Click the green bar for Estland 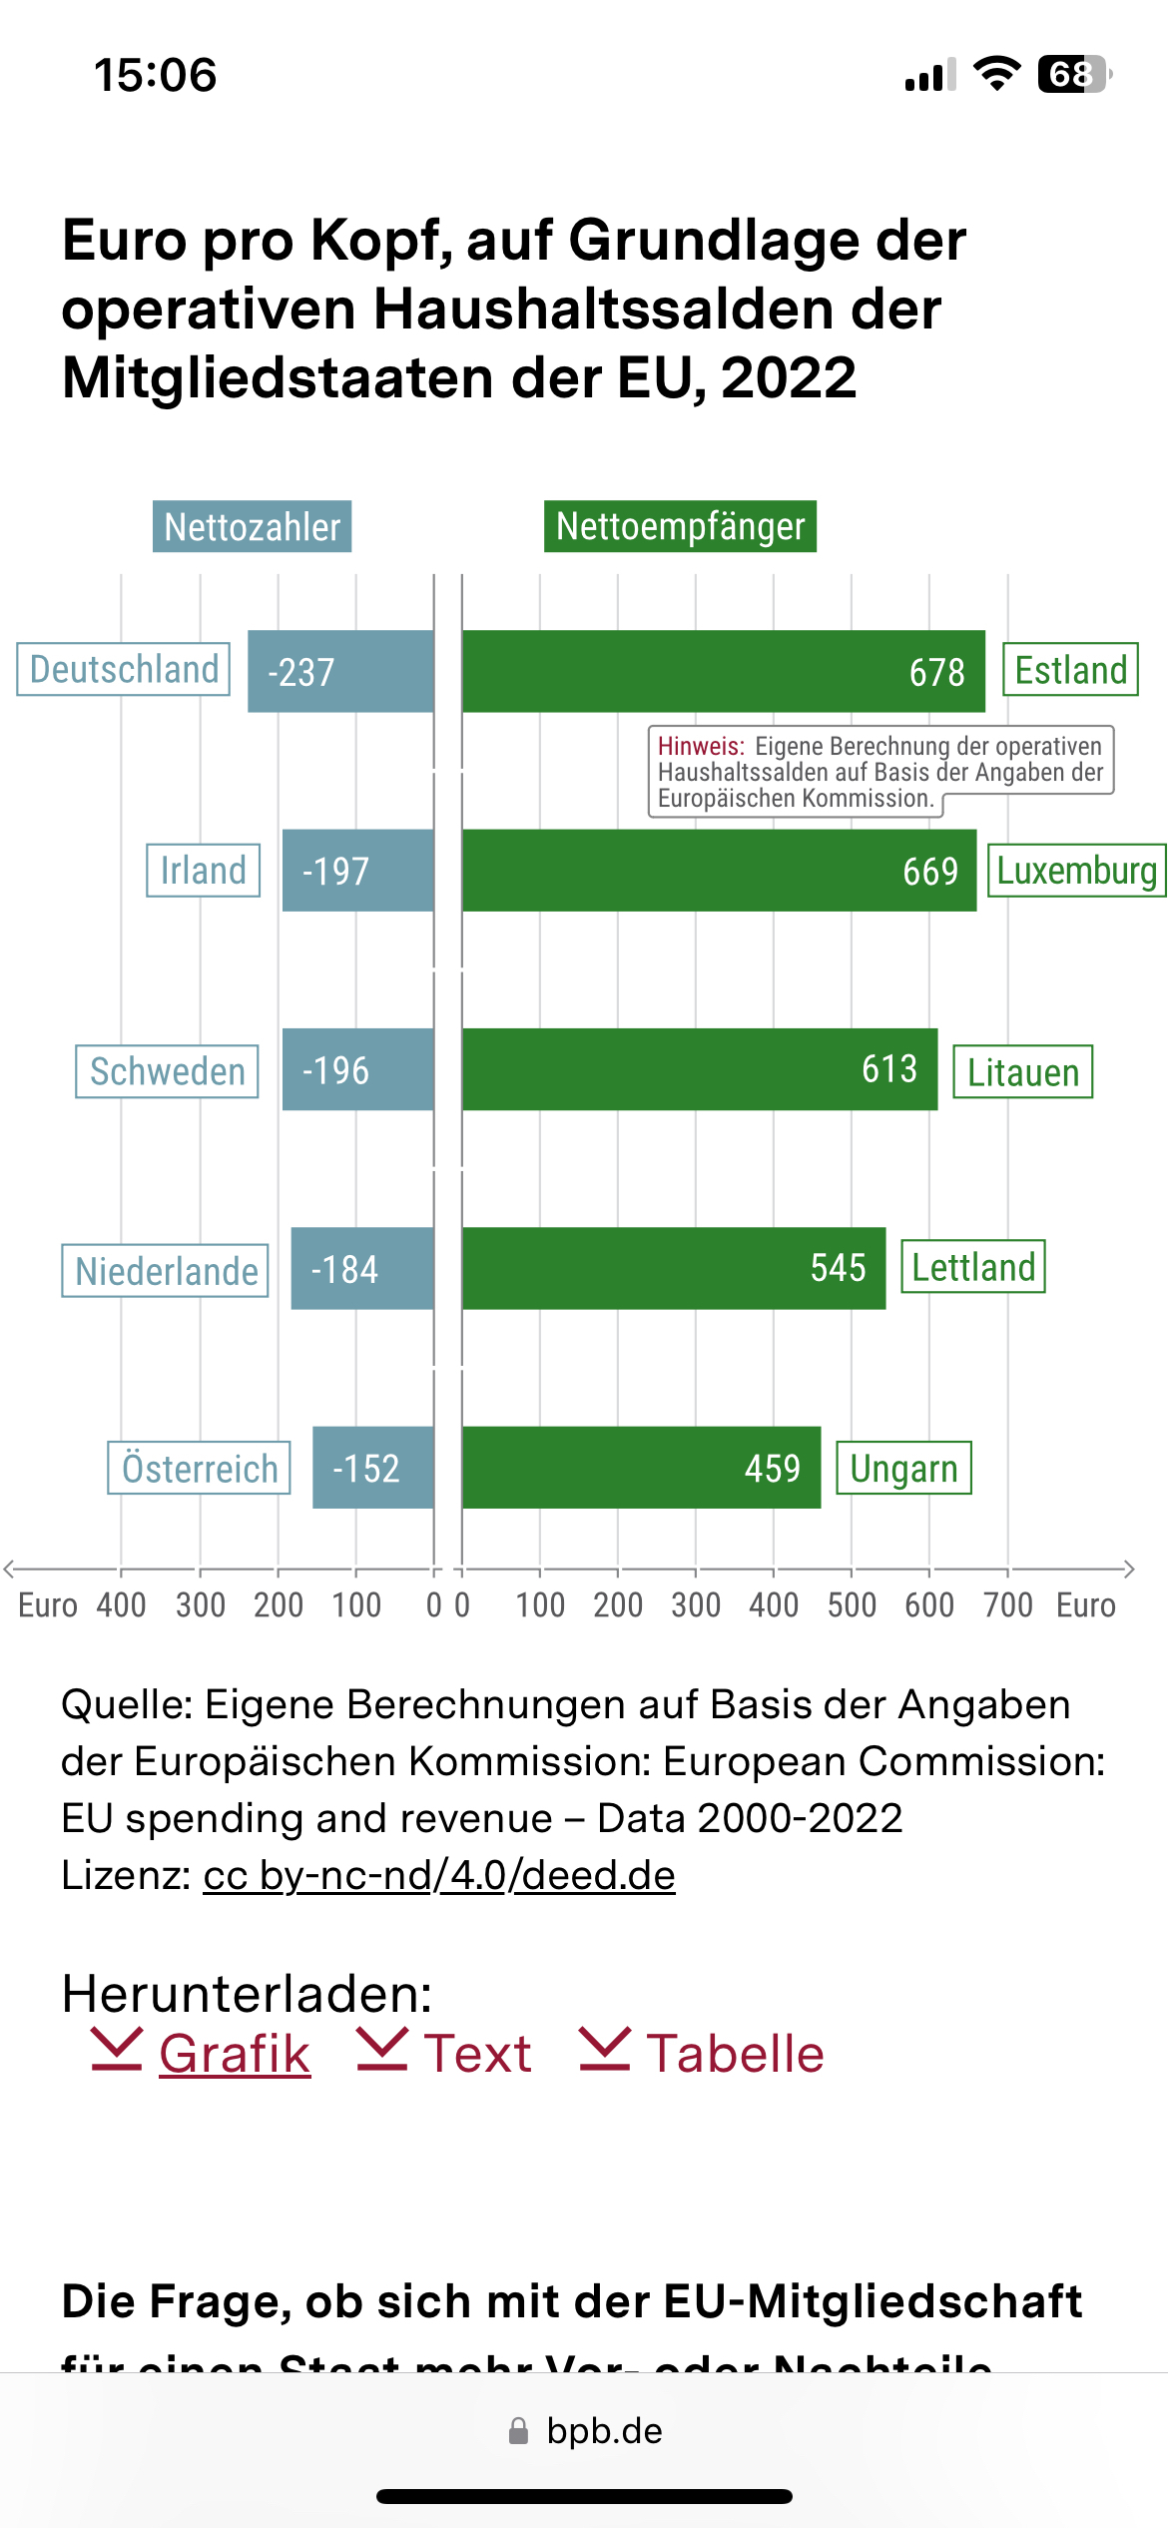(x=723, y=671)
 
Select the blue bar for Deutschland (x=340, y=671)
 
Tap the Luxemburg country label (x=1076, y=871)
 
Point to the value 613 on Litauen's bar (x=888, y=1069)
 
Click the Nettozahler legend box (x=252, y=526)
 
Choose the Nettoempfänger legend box (x=680, y=526)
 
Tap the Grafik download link (x=234, y=2054)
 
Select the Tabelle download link (x=734, y=2054)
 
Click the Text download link (x=476, y=2054)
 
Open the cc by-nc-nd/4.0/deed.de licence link (x=439, y=1875)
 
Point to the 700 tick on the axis (x=1007, y=1604)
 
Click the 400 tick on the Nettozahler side (x=121, y=1604)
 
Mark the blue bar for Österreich (x=372, y=1468)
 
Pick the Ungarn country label (x=903, y=1468)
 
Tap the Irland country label (x=203, y=871)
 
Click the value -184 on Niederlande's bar (x=344, y=1269)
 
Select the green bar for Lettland (x=673, y=1268)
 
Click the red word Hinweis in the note (x=701, y=746)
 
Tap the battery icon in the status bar (x=1074, y=74)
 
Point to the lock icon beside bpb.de (x=518, y=2431)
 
